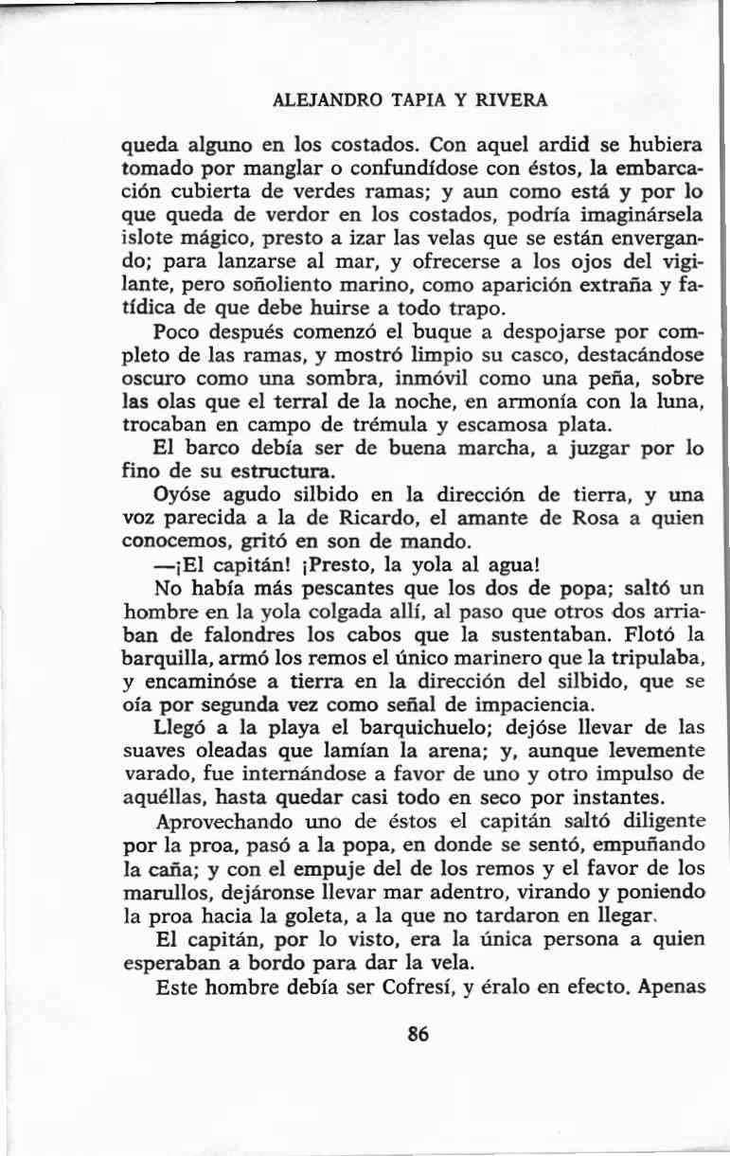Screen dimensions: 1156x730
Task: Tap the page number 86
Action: click(418, 1035)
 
